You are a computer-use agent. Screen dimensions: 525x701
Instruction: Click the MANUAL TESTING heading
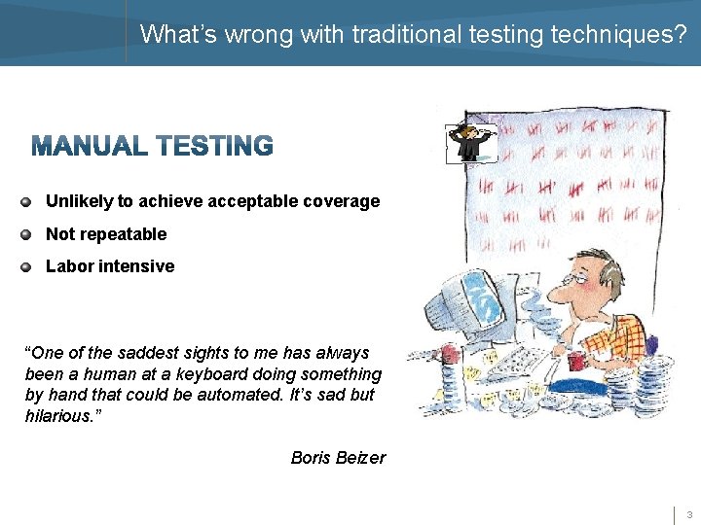point(152,146)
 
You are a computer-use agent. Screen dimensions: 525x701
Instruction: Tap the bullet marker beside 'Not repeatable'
point(26,234)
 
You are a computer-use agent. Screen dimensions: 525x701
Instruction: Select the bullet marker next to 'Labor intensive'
point(26,266)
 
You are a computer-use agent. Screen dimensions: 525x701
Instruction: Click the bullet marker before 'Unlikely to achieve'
point(26,202)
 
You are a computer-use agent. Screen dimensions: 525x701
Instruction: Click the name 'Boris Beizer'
point(338,457)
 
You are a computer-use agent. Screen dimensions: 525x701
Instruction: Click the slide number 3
point(688,514)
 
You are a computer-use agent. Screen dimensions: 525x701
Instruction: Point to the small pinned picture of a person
point(471,142)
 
